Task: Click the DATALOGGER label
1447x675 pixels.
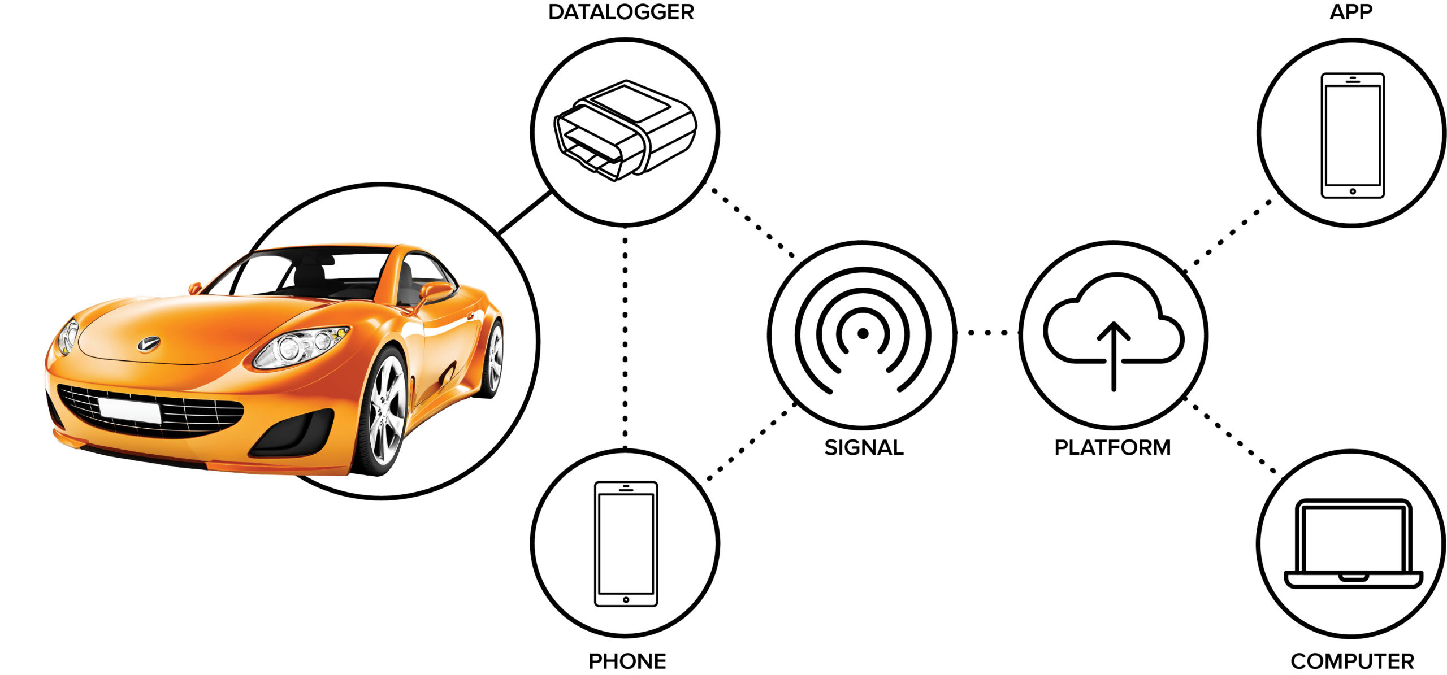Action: click(x=621, y=12)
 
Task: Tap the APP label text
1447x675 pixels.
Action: click(x=1350, y=12)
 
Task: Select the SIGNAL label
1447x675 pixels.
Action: click(x=863, y=447)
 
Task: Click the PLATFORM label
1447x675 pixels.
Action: click(x=1112, y=447)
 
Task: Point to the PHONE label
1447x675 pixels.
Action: click(x=627, y=661)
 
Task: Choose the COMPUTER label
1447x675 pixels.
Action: click(x=1351, y=661)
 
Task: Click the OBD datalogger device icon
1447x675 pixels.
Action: click(x=625, y=130)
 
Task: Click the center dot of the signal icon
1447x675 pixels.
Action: click(x=863, y=334)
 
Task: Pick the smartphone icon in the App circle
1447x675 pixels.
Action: click(x=1352, y=136)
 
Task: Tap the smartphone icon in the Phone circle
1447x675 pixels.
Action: click(x=626, y=543)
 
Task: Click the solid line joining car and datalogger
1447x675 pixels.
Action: click(x=525, y=212)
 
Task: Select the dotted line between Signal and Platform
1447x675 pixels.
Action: click(x=987, y=333)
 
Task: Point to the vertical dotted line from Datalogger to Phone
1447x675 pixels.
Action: click(x=625, y=339)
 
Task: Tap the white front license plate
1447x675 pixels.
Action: click(x=130, y=410)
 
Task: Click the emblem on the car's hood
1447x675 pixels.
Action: click(x=149, y=343)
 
